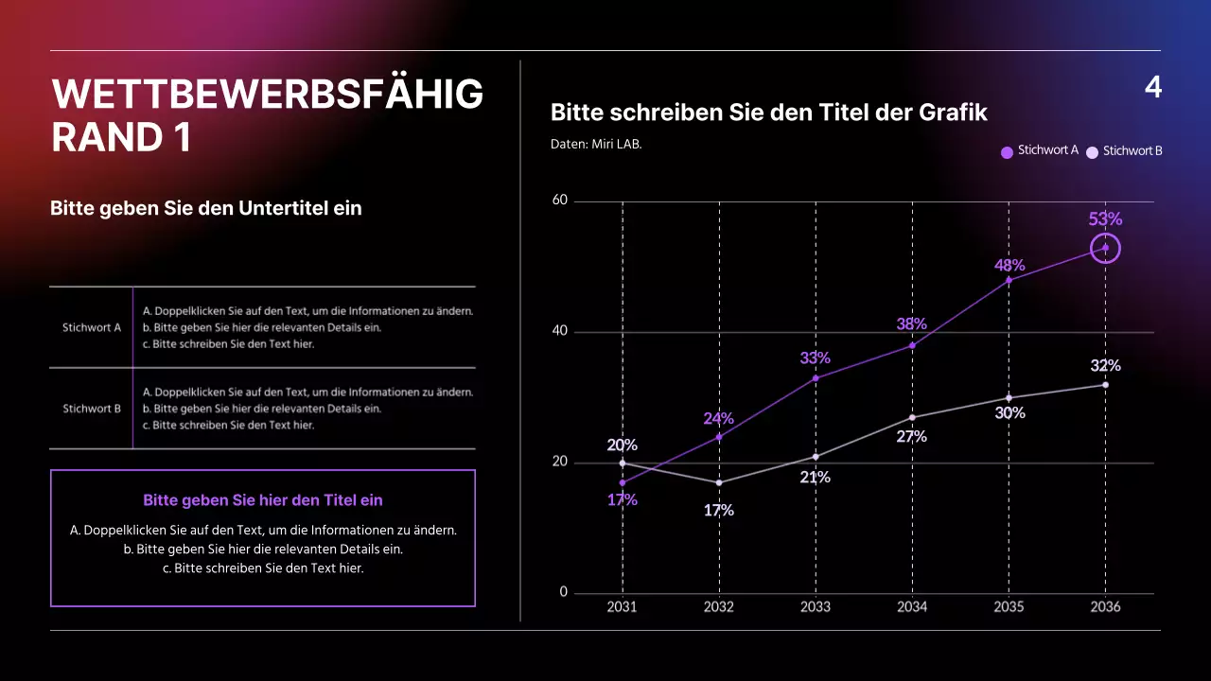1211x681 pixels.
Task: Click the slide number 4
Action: [1152, 87]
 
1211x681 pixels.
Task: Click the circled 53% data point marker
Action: [1105, 248]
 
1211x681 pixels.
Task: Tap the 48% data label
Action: [1009, 265]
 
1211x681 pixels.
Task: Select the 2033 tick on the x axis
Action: [816, 606]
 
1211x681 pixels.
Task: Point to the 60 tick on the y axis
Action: [559, 201]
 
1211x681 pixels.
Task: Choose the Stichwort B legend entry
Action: [1125, 151]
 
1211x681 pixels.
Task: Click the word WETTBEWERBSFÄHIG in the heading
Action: [267, 95]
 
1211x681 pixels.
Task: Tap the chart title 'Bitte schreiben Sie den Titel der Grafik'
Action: [768, 113]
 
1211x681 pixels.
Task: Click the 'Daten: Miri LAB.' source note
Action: [596, 145]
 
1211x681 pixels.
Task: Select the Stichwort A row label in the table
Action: [92, 328]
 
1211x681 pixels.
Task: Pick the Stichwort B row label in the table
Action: [92, 409]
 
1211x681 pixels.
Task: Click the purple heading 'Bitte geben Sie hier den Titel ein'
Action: [262, 500]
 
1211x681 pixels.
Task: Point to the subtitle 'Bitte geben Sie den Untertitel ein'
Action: [206, 208]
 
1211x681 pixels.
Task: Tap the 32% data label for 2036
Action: [1105, 365]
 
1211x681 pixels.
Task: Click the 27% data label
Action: [911, 436]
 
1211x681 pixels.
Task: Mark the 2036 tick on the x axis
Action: [1105, 606]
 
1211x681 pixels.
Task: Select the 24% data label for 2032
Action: [718, 418]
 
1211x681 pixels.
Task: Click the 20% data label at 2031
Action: [622, 445]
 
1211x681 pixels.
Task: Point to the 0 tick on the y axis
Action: [564, 592]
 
